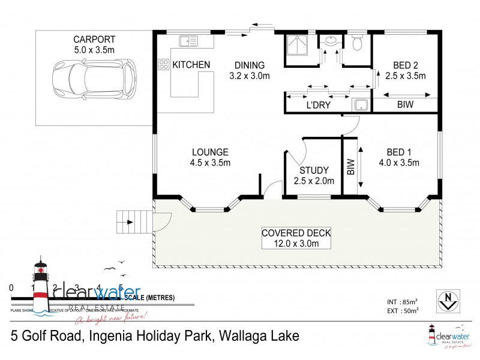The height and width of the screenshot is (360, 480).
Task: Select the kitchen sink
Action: [x=188, y=41]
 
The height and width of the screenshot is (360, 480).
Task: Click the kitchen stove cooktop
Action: [x=163, y=64]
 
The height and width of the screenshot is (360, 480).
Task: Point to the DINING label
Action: [x=249, y=65]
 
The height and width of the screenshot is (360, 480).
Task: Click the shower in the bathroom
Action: [x=296, y=46]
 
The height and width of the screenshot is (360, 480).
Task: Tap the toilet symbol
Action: [x=356, y=43]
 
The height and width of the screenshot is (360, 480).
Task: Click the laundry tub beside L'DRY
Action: [x=361, y=106]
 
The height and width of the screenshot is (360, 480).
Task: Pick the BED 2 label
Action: [x=406, y=65]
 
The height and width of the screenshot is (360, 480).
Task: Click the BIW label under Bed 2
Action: [x=406, y=105]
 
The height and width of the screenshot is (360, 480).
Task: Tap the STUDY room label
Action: [x=314, y=170]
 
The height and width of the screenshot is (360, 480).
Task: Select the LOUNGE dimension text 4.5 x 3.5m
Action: [x=210, y=163]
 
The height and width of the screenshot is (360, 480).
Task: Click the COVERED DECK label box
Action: [x=296, y=238]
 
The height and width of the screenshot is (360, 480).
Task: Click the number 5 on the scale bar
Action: [x=121, y=287]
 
